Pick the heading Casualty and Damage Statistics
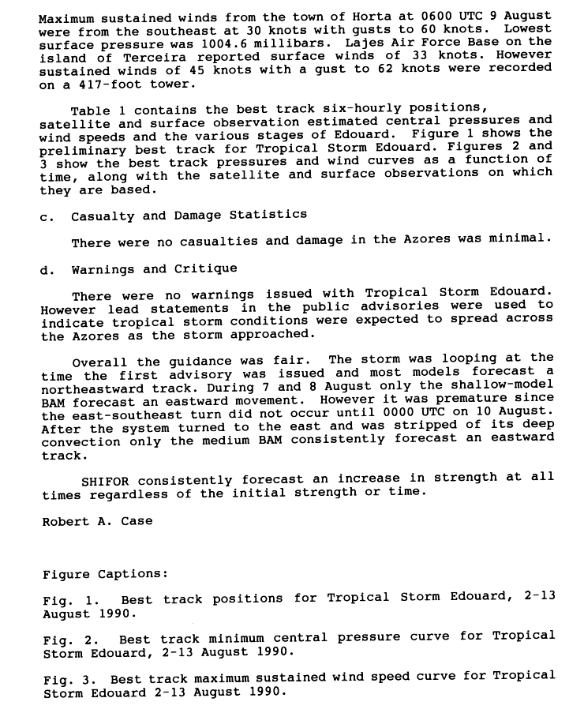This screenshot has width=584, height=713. tap(189, 216)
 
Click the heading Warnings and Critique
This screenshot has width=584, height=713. tap(154, 269)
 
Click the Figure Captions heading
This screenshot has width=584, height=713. tap(104, 574)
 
